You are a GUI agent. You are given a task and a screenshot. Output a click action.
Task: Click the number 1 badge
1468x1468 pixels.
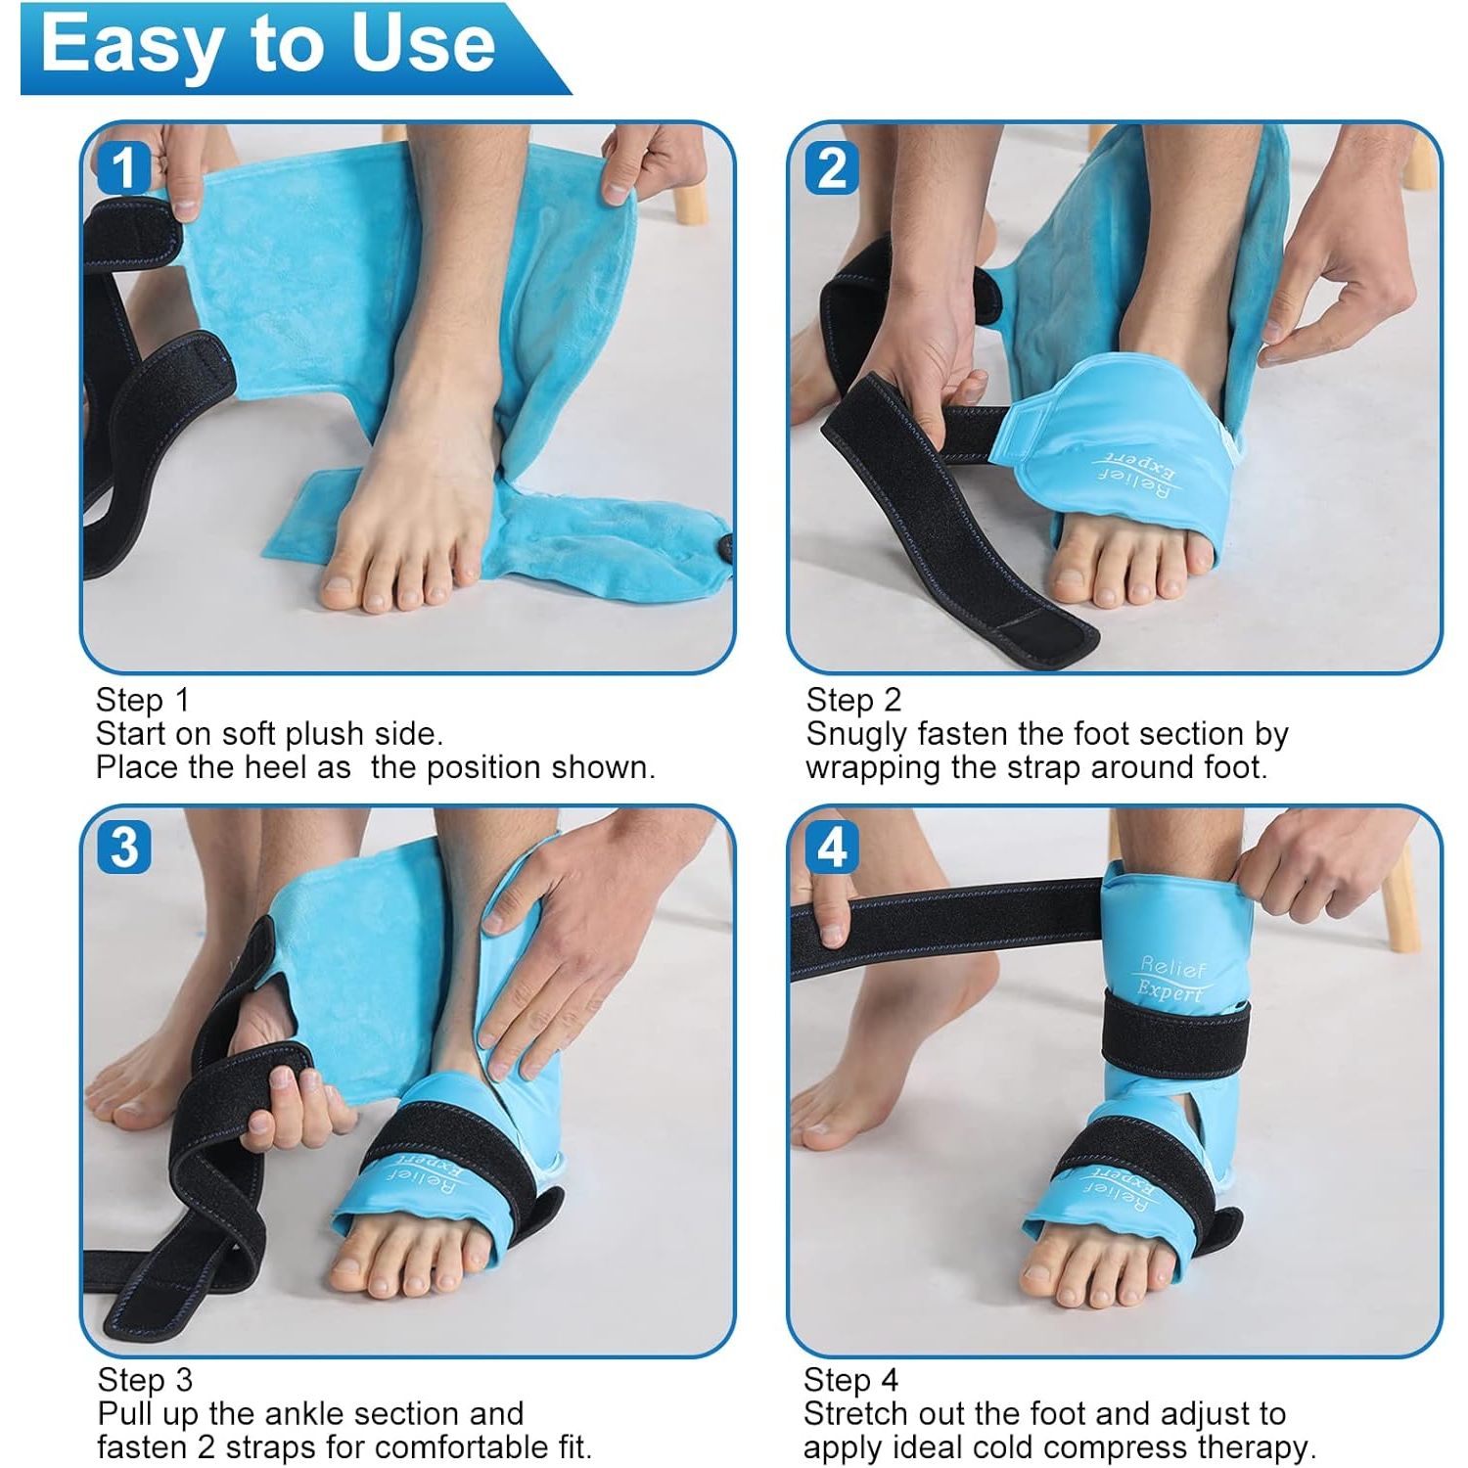[x=123, y=167]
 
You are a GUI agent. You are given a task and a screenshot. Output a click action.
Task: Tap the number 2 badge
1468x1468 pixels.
[x=832, y=167]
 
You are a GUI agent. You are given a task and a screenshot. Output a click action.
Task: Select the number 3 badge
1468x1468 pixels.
[x=124, y=848]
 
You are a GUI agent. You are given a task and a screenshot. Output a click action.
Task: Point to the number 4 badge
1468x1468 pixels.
[x=832, y=848]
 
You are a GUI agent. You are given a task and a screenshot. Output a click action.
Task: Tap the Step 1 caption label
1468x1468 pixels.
[x=143, y=700]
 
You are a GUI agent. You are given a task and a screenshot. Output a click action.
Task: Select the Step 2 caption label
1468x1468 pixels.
[x=853, y=700]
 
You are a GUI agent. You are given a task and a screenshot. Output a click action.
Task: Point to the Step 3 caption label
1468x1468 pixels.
[x=145, y=1380]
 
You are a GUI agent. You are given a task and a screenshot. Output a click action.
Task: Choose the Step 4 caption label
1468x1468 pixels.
[x=850, y=1380]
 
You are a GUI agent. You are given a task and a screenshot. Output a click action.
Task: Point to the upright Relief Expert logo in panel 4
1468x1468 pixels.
[x=1172, y=978]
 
